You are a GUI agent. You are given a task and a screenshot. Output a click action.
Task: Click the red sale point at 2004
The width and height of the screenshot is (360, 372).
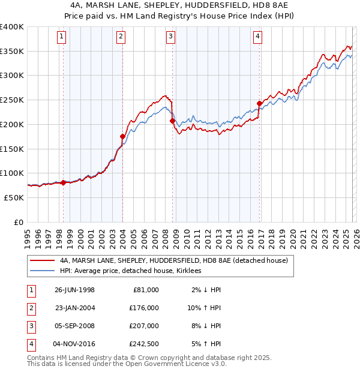[x=122, y=136]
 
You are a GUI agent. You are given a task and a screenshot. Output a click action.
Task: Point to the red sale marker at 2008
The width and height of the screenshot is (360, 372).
[x=172, y=121]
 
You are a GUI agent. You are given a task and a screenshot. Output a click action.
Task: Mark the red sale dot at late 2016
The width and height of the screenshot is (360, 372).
[x=259, y=103]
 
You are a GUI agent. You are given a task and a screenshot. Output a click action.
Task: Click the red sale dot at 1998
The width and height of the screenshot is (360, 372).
[x=64, y=182]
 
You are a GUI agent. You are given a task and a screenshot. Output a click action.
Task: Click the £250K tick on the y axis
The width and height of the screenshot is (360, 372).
[x=12, y=100]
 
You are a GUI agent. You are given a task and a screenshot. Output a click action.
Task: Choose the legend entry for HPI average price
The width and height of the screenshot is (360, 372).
[x=130, y=271]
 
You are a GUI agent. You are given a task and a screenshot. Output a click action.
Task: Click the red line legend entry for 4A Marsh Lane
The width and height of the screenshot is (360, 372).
[x=173, y=260]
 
